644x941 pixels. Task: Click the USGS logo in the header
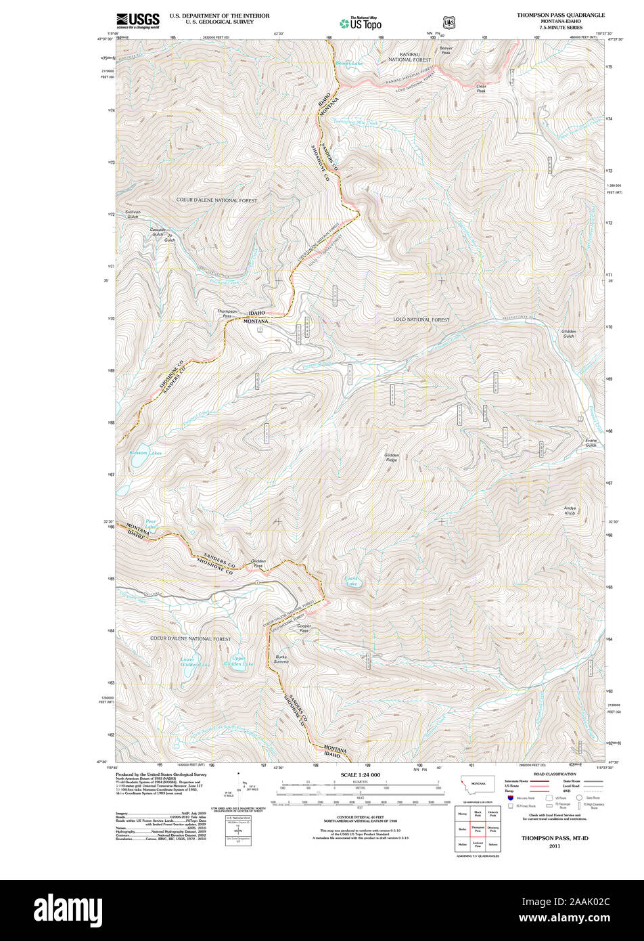138,20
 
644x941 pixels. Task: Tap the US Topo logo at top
361,23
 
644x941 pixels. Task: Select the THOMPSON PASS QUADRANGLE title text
561,14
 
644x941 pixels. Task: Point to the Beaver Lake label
349,64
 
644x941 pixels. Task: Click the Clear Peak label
481,88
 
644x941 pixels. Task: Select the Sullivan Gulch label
132,214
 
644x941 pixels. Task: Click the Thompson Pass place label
227,313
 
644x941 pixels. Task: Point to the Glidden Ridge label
392,458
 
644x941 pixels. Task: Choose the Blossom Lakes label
145,452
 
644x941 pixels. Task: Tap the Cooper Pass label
304,628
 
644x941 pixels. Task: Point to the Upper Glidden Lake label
238,661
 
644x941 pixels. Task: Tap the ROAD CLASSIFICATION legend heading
555,774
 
